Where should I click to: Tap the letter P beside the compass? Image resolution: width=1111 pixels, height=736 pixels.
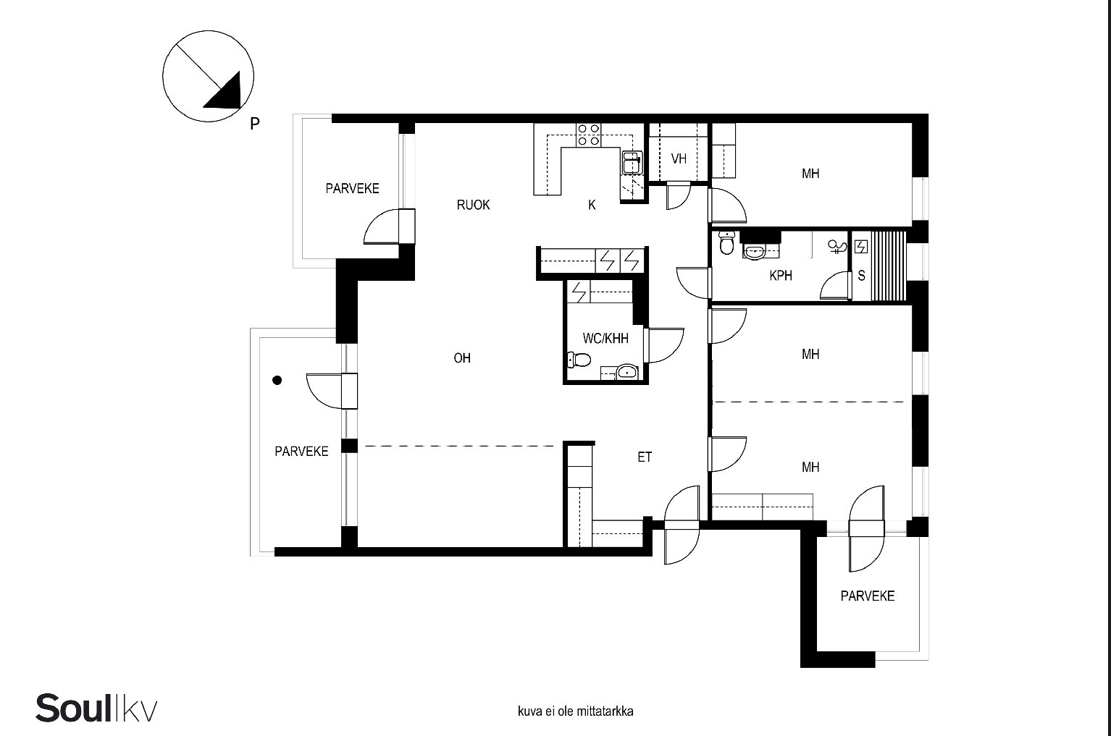[x=255, y=124]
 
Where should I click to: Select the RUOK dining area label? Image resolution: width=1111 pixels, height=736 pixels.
[x=473, y=205]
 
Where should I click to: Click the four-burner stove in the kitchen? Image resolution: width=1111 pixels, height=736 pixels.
[x=588, y=135]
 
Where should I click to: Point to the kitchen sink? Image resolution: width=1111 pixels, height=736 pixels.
[x=632, y=162]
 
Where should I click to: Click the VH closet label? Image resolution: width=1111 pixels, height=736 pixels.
[x=679, y=158]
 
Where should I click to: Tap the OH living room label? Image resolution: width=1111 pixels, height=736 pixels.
[x=462, y=358]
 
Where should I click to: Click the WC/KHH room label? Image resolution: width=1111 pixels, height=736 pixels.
[x=605, y=339]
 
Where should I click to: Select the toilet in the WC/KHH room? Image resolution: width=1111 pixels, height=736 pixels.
[x=579, y=360]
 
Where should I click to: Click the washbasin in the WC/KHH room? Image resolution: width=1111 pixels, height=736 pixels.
[x=627, y=371]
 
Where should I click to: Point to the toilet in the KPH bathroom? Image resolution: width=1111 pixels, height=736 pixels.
[x=726, y=242]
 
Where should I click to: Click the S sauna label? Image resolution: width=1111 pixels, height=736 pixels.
[x=862, y=276]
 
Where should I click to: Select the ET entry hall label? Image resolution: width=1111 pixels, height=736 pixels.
[x=645, y=457]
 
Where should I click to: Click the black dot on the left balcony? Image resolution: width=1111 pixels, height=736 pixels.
[x=277, y=380]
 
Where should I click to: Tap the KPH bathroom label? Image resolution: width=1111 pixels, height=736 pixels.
[x=781, y=276]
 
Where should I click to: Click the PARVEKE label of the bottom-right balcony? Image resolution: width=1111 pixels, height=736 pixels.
[x=868, y=596]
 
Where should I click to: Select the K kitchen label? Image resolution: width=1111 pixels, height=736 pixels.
[x=592, y=205]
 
